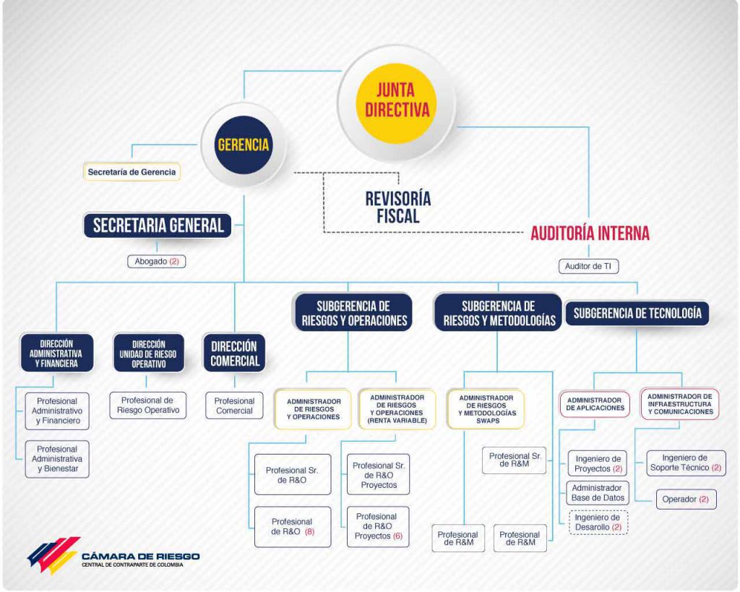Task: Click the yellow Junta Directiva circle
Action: (x=396, y=103)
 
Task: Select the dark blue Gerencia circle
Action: (x=244, y=145)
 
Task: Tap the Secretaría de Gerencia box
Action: (x=132, y=172)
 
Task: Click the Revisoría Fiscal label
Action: (x=398, y=207)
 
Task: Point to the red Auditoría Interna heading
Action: (x=590, y=233)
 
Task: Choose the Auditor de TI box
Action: (x=588, y=266)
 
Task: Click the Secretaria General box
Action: (x=158, y=226)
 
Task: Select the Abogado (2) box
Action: (x=157, y=262)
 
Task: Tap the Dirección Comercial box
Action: (x=235, y=353)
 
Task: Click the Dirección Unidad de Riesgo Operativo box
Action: (x=148, y=353)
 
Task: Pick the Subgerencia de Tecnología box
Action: (x=637, y=313)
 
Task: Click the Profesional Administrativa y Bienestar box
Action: (x=57, y=459)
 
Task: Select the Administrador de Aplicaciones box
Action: (x=595, y=404)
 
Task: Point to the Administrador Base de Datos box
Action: (x=598, y=493)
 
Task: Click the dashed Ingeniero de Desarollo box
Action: (x=598, y=522)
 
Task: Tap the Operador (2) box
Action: (x=687, y=499)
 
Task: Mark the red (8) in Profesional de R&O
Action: (x=309, y=531)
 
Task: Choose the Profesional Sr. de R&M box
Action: (x=515, y=460)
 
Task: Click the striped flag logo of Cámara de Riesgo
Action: (x=53, y=554)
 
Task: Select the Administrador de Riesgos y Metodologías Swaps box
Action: (x=486, y=409)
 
